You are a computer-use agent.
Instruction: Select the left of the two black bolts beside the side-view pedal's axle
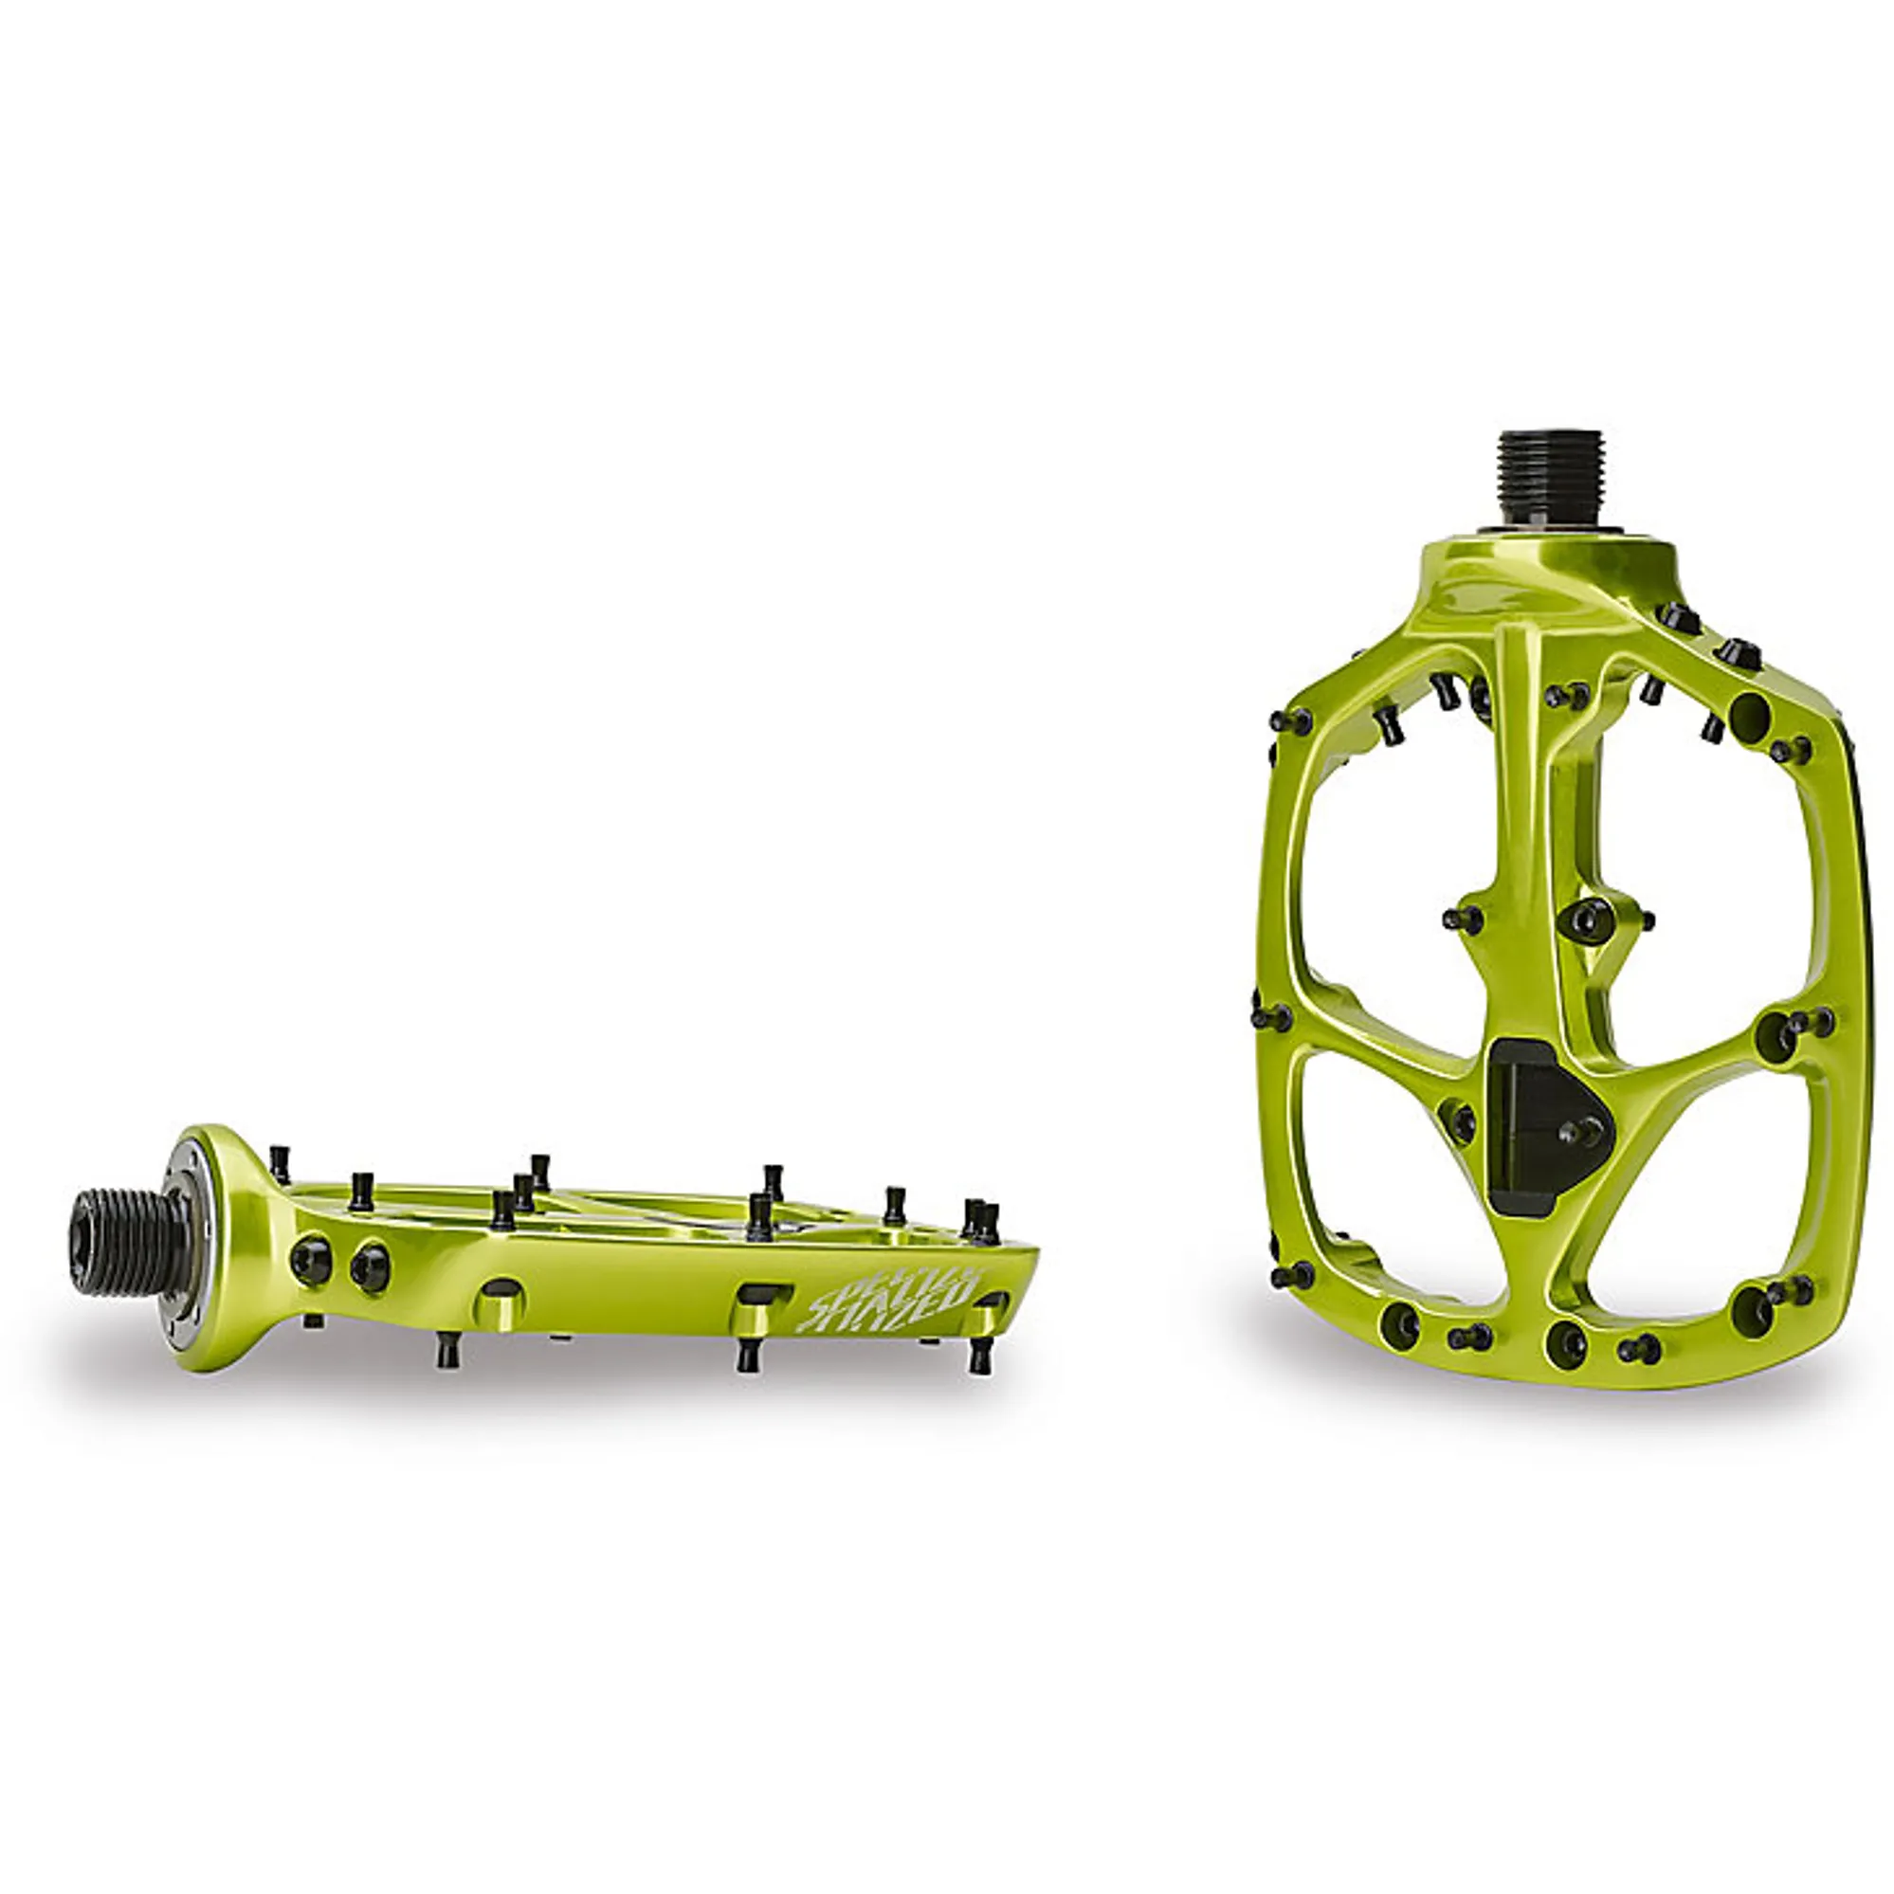click(x=309, y=1258)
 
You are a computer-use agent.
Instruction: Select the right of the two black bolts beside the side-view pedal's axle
click(x=370, y=1266)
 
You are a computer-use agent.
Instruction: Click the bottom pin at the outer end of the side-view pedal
click(x=977, y=1358)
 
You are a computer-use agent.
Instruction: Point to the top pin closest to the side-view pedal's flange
click(x=280, y=1164)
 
